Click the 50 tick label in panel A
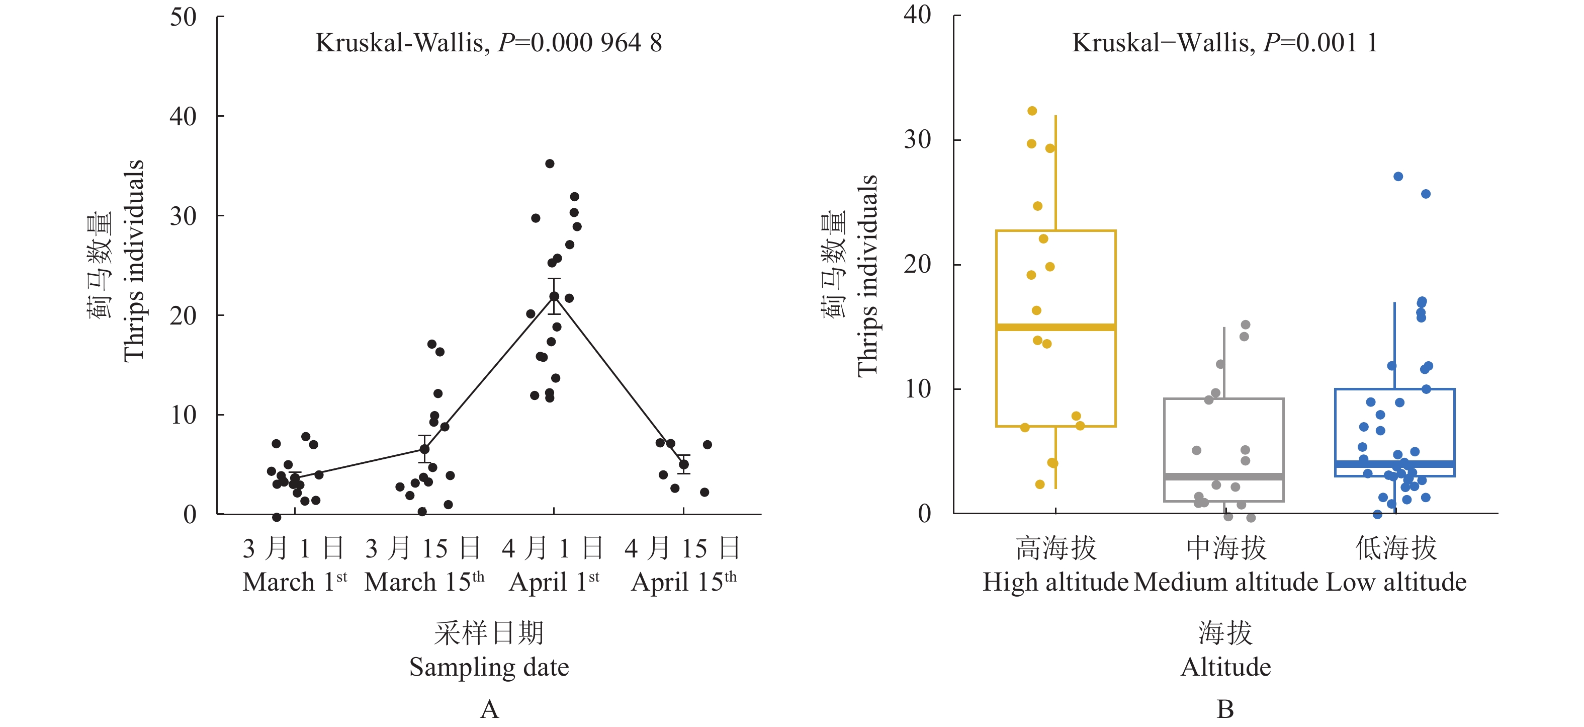[183, 17]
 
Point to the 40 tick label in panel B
[917, 14]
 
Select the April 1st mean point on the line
[554, 296]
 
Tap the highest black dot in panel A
[550, 164]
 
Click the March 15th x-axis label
[424, 581]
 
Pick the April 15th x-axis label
[683, 581]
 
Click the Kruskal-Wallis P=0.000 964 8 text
[489, 43]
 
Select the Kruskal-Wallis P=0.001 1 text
[1224, 43]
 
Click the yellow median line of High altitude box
[1056, 327]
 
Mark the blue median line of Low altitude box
[1394, 464]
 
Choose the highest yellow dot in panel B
[1032, 111]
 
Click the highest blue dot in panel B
[1398, 177]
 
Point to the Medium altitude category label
[1225, 581]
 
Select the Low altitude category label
[1396, 581]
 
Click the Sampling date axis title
[489, 667]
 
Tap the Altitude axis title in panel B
[1225, 667]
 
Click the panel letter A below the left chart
[489, 709]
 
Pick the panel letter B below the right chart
[1225, 709]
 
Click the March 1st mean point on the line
[295, 478]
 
